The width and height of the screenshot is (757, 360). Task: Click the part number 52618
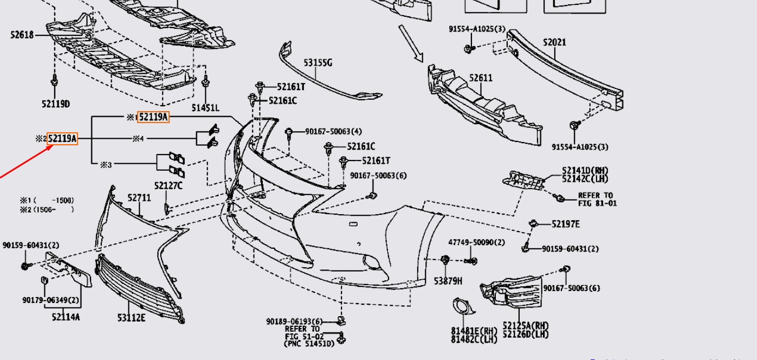22,35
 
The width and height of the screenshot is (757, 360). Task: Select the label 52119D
55,104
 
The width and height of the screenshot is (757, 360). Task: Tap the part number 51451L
205,108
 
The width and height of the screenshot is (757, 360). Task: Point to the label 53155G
318,63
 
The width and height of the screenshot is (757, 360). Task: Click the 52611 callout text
481,78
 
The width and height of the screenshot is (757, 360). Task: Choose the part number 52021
554,42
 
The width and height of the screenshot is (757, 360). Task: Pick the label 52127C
168,186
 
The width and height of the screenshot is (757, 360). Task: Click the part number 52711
139,198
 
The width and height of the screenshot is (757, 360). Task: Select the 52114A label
66,317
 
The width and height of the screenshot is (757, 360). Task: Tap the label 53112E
131,317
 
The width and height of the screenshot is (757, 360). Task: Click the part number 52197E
566,224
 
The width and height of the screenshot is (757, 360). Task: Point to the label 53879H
448,281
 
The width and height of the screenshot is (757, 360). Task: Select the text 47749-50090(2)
476,242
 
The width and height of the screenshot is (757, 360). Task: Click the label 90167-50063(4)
333,131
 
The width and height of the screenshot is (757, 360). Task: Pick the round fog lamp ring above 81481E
464,307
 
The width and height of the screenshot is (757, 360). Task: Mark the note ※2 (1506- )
47,209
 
